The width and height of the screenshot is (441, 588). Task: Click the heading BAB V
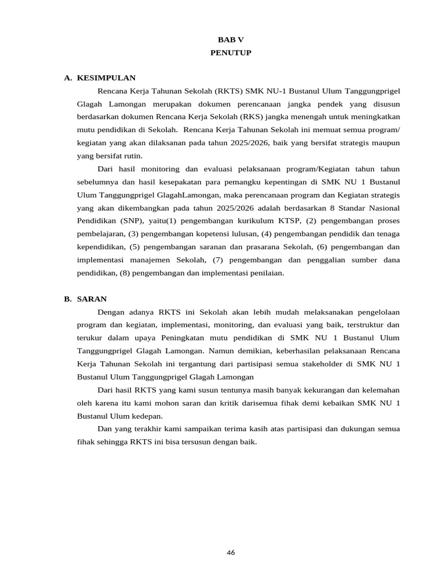pyautogui.click(x=226, y=40)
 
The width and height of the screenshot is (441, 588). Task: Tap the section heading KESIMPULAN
pyautogui.click(x=106, y=78)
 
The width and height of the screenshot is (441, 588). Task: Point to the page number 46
pyautogui.click(x=231, y=552)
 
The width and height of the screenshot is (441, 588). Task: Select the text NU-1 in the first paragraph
pyautogui.click(x=275, y=91)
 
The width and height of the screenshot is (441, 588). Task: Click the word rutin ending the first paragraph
pyautogui.click(x=132, y=156)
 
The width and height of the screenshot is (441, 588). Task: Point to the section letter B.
pyautogui.click(x=67, y=299)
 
